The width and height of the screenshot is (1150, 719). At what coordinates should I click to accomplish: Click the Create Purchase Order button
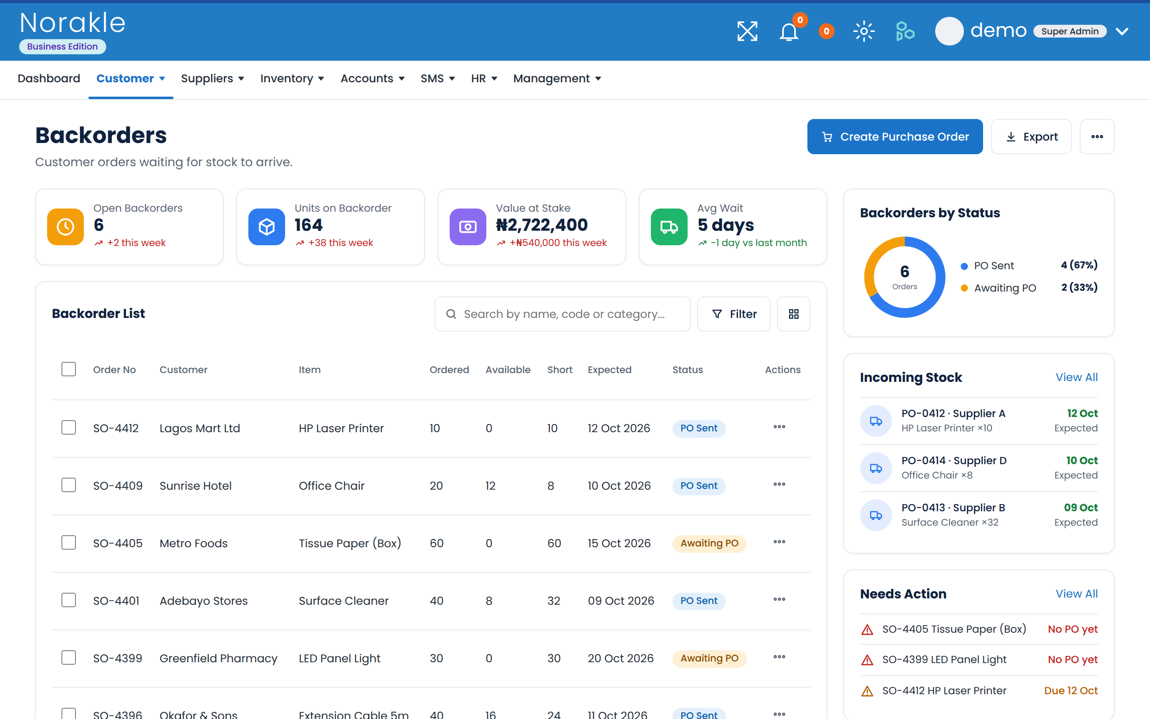point(895,137)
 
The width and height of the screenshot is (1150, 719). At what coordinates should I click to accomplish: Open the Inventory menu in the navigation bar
point(292,78)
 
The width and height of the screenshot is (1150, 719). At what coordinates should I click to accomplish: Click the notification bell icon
point(789,32)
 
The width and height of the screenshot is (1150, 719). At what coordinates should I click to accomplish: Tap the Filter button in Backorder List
point(733,314)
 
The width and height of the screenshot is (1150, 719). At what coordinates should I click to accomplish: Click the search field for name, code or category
point(562,314)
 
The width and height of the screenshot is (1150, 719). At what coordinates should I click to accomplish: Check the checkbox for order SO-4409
point(69,485)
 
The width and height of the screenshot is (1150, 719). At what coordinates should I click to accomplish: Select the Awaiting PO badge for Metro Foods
point(709,543)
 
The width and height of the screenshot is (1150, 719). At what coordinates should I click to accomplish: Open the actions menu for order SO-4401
point(779,599)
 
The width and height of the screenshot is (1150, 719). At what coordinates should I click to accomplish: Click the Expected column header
point(610,369)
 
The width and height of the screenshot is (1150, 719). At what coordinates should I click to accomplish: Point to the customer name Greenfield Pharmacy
point(218,658)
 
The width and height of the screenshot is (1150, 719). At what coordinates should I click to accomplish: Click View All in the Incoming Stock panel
point(1077,377)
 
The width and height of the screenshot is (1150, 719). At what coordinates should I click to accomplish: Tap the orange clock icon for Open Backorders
point(65,227)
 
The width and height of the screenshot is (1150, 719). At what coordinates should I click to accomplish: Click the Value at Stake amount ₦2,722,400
point(542,225)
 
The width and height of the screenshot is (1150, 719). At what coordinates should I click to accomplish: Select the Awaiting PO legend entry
point(1005,288)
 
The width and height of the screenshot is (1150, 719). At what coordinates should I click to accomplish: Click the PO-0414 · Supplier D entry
point(954,460)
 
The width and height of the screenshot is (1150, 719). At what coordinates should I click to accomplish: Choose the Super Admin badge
point(1070,32)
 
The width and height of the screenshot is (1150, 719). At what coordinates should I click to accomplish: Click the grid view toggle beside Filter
point(793,314)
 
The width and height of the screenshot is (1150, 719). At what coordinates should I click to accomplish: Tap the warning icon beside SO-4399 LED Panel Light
point(867,660)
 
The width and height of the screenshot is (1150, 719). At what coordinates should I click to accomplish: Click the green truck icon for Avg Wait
point(669,227)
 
